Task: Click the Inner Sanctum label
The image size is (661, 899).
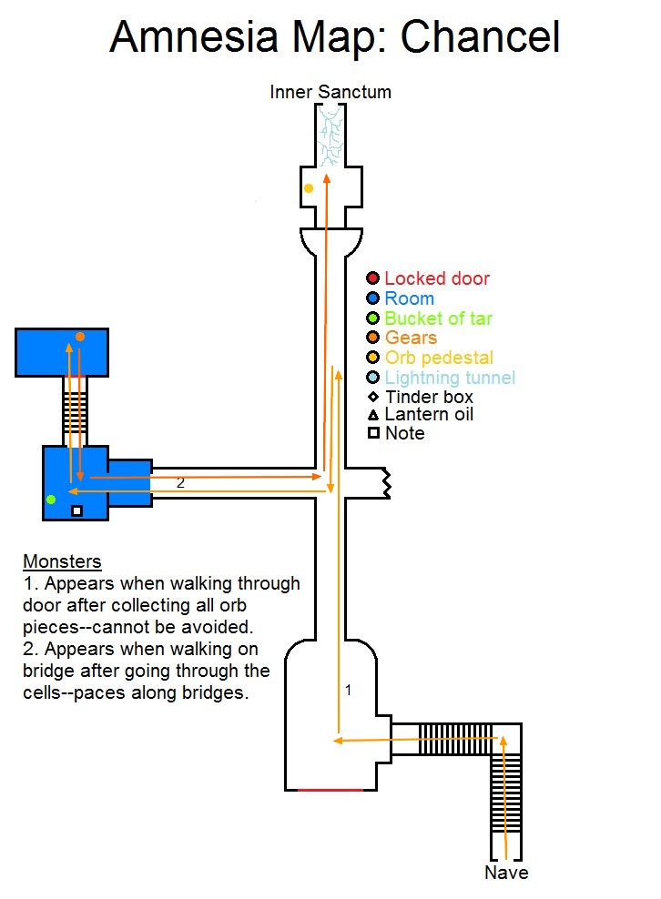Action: click(330, 92)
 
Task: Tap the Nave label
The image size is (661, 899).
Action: click(506, 872)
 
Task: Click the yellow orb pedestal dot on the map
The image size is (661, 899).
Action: click(309, 188)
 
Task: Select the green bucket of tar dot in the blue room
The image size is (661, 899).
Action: click(51, 500)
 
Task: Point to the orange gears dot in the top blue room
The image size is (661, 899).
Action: click(80, 337)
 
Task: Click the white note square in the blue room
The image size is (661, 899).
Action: click(76, 510)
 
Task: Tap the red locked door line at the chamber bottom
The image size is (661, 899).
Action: click(330, 790)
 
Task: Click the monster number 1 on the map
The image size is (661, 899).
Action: click(348, 690)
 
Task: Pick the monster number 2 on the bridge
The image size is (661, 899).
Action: click(180, 483)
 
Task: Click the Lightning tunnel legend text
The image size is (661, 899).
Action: click(450, 378)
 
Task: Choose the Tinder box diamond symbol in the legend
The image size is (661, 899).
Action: click(373, 396)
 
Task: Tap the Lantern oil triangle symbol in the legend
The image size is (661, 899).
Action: click(373, 415)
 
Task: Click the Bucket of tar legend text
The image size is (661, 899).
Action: click(438, 318)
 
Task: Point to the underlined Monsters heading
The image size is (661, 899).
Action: click(62, 561)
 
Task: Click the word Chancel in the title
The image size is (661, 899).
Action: click(480, 36)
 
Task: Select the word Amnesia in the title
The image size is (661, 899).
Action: click(194, 36)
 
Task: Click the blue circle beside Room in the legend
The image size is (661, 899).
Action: click(373, 298)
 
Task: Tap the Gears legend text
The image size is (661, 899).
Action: click(411, 338)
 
